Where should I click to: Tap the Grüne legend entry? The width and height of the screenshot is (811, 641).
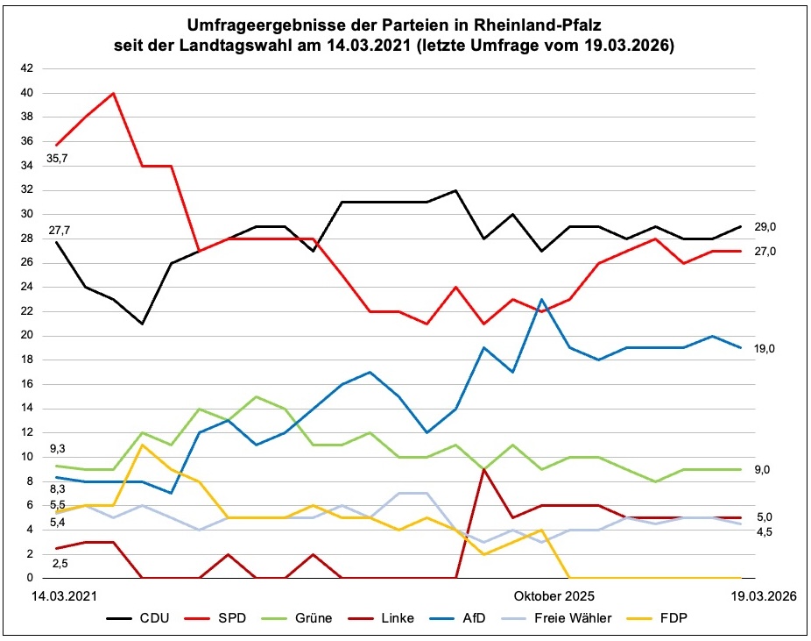tap(314, 619)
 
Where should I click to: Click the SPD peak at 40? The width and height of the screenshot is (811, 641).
tap(114, 93)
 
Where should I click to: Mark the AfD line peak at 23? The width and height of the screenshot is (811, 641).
tap(541, 299)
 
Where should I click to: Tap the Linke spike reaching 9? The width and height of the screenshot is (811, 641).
tap(484, 469)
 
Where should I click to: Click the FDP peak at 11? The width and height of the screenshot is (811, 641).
tap(142, 445)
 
